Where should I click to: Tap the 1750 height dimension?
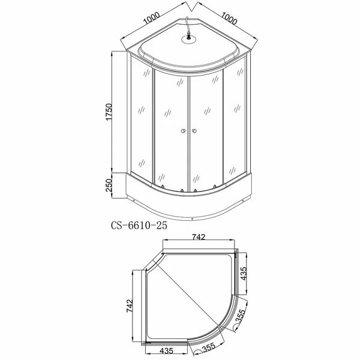point(109,115)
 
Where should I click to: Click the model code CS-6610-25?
point(139,226)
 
